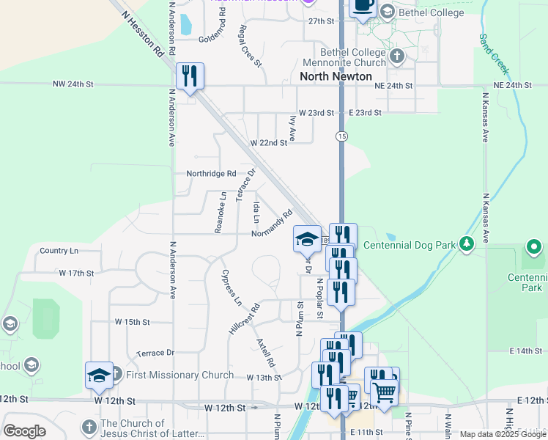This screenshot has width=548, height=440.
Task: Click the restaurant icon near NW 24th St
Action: [x=190, y=76]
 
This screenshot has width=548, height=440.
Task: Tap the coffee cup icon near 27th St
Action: [x=363, y=7]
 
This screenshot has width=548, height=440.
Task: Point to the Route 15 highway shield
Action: [x=342, y=136]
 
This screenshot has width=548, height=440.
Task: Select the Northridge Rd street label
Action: [x=212, y=174]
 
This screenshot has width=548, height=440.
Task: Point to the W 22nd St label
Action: [x=269, y=142]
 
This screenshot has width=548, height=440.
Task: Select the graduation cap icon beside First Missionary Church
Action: [x=100, y=375]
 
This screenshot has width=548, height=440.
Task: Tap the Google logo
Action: [x=25, y=431]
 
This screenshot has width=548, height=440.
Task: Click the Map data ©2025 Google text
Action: [x=503, y=434]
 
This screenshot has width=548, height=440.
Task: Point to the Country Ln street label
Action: [x=59, y=251]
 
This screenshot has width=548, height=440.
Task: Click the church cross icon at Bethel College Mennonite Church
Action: [x=396, y=56]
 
